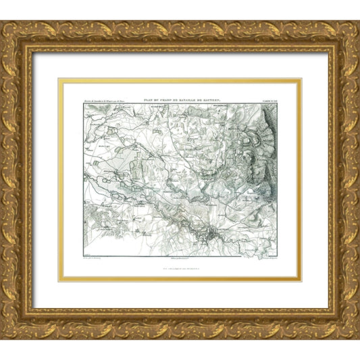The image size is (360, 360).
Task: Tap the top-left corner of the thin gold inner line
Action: [59, 79]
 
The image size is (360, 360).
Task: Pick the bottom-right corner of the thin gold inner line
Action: [301, 279]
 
